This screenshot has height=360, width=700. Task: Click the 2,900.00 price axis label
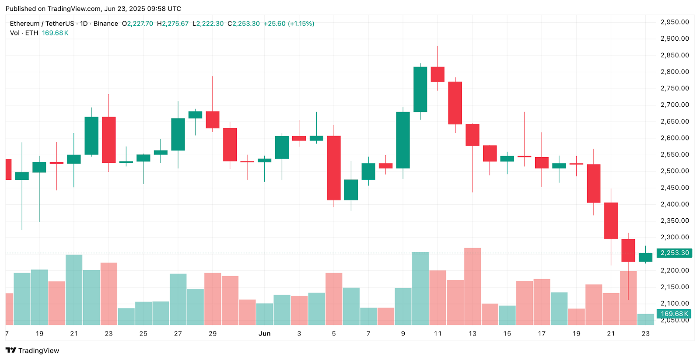pyautogui.click(x=674, y=38)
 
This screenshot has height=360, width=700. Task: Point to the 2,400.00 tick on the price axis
pyautogui.click(x=674, y=204)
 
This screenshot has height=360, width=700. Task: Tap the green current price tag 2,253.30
pyautogui.click(x=674, y=253)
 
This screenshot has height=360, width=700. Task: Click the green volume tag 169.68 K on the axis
pyautogui.click(x=674, y=314)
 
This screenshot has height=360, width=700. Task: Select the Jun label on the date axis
pyautogui.click(x=264, y=333)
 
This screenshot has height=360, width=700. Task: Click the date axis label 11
pyautogui.click(x=437, y=333)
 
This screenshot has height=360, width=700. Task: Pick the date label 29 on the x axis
pyautogui.click(x=213, y=333)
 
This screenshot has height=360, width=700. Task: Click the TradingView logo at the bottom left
pyautogui.click(x=32, y=350)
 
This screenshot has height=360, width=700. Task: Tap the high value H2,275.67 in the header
pyautogui.click(x=172, y=24)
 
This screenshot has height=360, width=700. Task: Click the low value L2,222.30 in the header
pyautogui.click(x=208, y=24)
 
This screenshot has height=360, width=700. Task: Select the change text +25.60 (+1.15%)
pyautogui.click(x=289, y=24)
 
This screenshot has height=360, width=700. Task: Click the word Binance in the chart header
pyautogui.click(x=105, y=24)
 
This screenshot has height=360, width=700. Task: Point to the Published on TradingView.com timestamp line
pyautogui.click(x=93, y=9)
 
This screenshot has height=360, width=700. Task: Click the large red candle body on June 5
pyautogui.click(x=334, y=168)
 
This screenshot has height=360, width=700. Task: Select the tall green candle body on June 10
pyautogui.click(x=420, y=89)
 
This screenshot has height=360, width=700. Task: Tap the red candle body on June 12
pyautogui.click(x=455, y=103)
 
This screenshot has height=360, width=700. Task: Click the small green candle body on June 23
pyautogui.click(x=645, y=257)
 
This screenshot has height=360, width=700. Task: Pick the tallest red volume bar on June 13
pyautogui.click(x=472, y=286)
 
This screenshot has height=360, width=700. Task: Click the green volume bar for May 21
pyautogui.click(x=74, y=290)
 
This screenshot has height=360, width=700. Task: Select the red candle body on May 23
pyautogui.click(x=108, y=140)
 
